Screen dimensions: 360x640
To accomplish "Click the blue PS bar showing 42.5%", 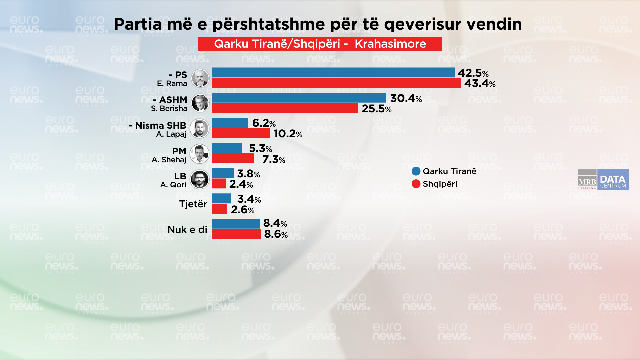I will click(333, 72).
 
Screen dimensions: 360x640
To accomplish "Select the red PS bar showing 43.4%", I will click(336, 83).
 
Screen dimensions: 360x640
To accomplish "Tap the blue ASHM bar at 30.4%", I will click(299, 98).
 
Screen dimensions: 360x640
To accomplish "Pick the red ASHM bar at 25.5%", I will click(285, 108).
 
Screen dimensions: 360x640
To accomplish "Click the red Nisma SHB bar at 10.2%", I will click(241, 133).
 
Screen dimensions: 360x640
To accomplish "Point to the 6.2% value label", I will click(264, 123).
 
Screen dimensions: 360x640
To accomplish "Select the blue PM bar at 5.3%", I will click(227, 148).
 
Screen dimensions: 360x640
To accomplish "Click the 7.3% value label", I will click(274, 159).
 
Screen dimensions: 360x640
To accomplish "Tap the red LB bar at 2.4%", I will click(219, 184).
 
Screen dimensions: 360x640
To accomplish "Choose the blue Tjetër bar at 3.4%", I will click(221, 199).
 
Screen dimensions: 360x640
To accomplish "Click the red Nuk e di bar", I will click(236, 234).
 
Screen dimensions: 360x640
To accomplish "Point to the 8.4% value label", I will click(275, 223).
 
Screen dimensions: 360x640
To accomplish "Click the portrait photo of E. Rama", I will click(200, 78).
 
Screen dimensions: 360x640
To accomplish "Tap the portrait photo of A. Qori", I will click(199, 179).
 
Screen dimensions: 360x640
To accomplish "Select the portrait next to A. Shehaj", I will click(199, 154).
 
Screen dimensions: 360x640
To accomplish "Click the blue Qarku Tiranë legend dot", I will click(416, 171).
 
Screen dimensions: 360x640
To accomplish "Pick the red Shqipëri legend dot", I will click(416, 184).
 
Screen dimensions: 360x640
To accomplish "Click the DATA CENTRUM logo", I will click(613, 180).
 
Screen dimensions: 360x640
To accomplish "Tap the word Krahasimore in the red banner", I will click(390, 44).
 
